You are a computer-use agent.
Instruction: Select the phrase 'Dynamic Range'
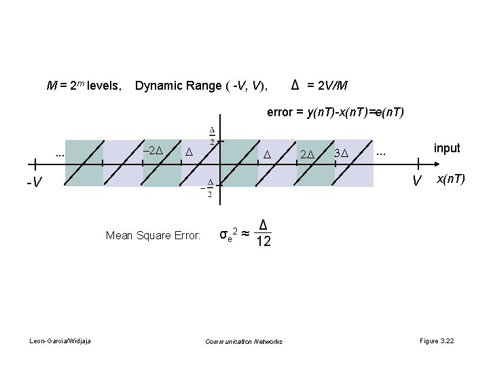[x=172, y=86]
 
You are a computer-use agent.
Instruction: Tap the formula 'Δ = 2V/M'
[x=319, y=86]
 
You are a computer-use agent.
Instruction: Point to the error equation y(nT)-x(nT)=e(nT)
[x=336, y=113]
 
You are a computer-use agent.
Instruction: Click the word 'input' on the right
[x=446, y=148]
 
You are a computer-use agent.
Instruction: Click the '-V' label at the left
[x=34, y=182]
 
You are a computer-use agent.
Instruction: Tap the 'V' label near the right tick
[x=418, y=181]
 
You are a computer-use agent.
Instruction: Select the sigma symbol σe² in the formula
[x=228, y=234]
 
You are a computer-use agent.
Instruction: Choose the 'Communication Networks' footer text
[x=244, y=340]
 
